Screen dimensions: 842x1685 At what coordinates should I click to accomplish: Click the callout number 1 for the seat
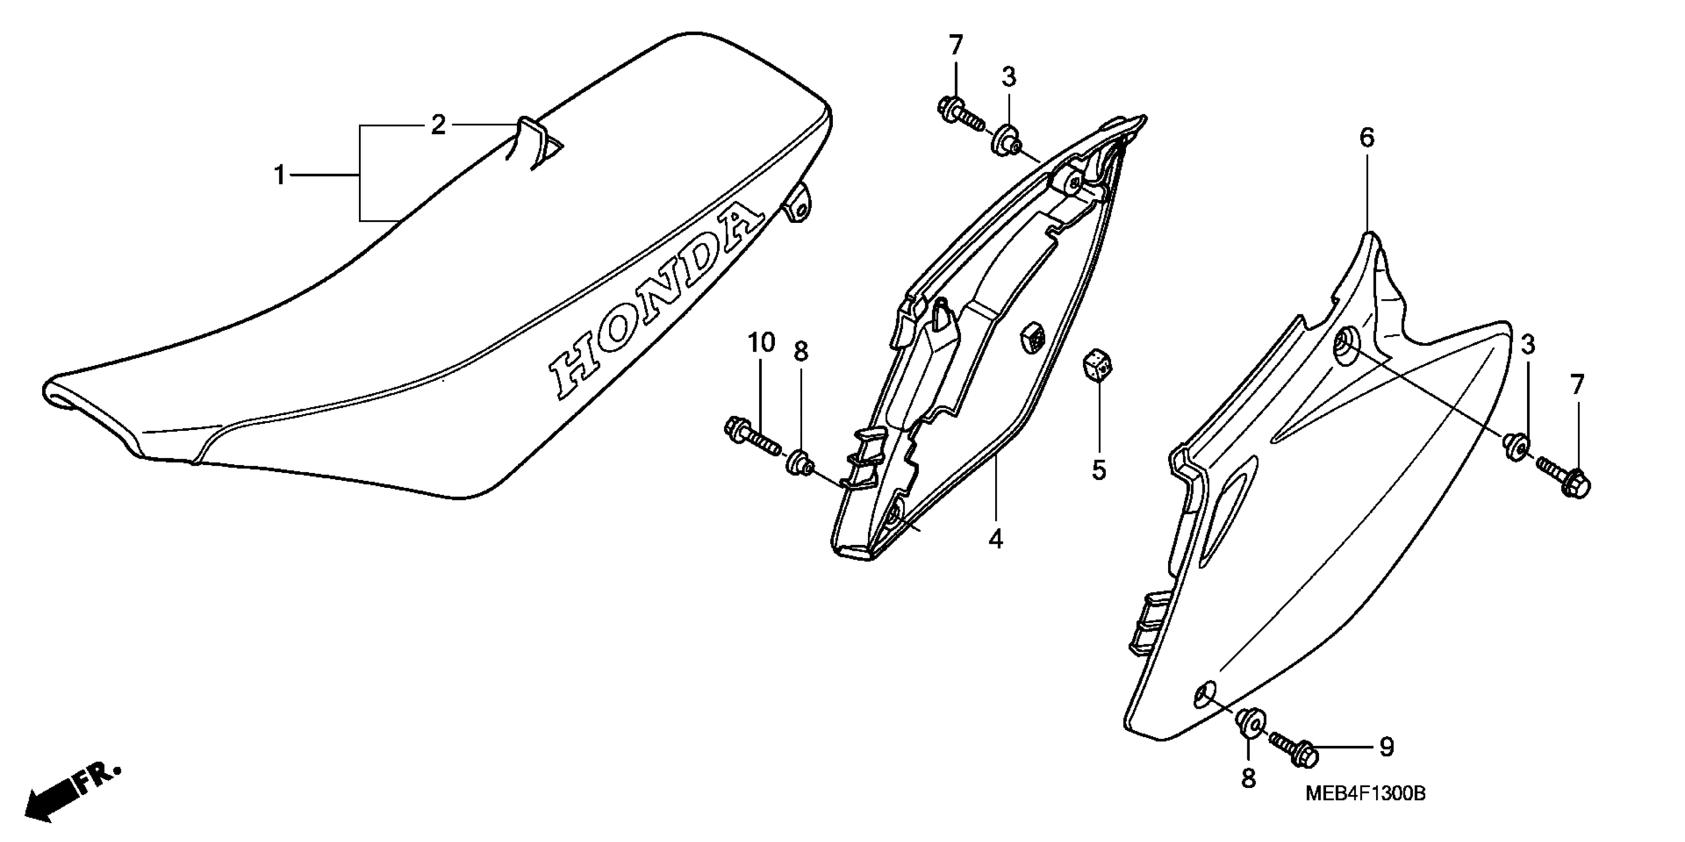click(279, 176)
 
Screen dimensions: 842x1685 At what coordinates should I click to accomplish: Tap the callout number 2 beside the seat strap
click(438, 124)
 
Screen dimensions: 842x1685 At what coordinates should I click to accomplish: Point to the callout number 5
click(1098, 469)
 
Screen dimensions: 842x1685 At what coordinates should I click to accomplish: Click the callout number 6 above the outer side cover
click(1367, 138)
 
